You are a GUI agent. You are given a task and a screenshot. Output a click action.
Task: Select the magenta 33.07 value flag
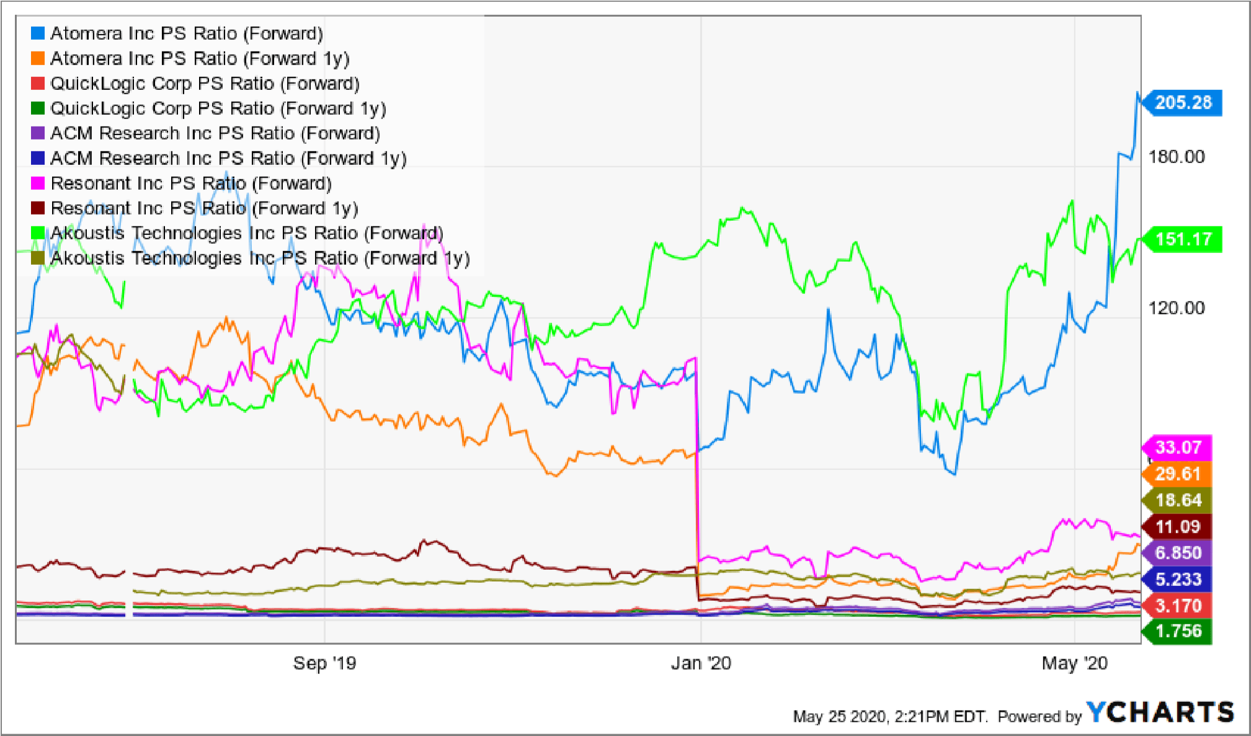[1177, 448]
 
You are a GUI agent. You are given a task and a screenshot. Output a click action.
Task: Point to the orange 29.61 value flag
[1177, 474]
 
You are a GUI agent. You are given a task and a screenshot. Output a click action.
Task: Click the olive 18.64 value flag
[1177, 500]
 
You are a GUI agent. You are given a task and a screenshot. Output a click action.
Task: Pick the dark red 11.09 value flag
[1177, 527]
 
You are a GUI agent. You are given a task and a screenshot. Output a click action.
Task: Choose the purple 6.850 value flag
[1177, 553]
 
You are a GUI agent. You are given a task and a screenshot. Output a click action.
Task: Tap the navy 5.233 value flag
[1177, 580]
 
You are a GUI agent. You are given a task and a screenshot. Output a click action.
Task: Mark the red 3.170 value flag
[1177, 606]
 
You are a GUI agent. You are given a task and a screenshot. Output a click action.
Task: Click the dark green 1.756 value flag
[1177, 631]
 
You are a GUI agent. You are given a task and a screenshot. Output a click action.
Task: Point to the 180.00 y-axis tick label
[1177, 157]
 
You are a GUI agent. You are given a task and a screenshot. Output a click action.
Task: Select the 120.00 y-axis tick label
[1177, 308]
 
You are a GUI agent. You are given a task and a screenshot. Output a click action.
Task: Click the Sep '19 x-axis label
[324, 663]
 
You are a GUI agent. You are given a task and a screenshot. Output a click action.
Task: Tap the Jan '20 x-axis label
[701, 663]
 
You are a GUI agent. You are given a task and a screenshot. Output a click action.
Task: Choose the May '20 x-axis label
[1074, 663]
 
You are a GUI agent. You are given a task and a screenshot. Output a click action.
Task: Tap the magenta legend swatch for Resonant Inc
[38, 183]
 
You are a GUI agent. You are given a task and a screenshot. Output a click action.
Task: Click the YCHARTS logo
[1160, 712]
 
